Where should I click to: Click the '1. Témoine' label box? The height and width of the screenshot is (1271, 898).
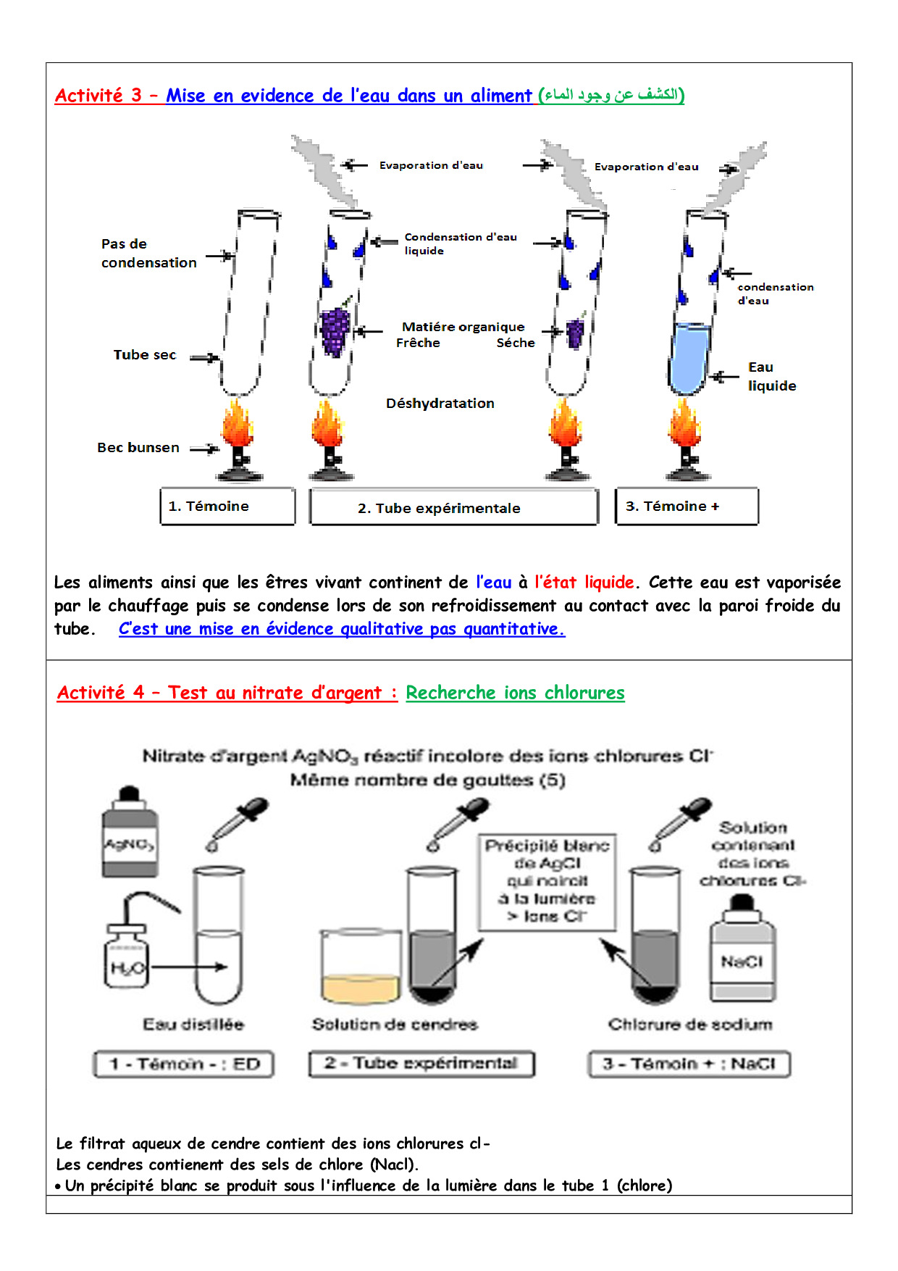(227, 507)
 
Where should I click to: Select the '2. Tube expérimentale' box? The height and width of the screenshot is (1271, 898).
(453, 507)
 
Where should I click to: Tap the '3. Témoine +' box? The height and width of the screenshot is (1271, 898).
(686, 506)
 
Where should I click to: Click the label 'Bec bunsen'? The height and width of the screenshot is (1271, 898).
(138, 448)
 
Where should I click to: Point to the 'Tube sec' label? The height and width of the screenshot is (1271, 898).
(145, 355)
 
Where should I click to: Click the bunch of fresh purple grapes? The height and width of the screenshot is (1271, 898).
(335, 331)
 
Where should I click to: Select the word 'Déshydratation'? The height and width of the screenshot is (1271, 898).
(440, 404)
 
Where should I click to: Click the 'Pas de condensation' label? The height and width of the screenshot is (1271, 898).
(148, 254)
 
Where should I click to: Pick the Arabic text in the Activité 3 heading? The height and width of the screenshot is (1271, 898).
(611, 95)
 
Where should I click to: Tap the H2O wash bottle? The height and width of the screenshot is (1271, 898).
(127, 957)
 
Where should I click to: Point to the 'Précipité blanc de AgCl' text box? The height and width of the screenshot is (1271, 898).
(547, 881)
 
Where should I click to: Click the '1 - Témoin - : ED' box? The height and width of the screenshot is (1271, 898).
(184, 1064)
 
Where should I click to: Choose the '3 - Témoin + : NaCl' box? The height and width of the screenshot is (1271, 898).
(689, 1064)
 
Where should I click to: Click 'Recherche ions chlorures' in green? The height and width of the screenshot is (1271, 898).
(515, 693)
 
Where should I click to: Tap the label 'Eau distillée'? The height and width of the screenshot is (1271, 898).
(193, 1024)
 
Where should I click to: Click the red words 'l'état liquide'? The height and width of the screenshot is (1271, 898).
(584, 583)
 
